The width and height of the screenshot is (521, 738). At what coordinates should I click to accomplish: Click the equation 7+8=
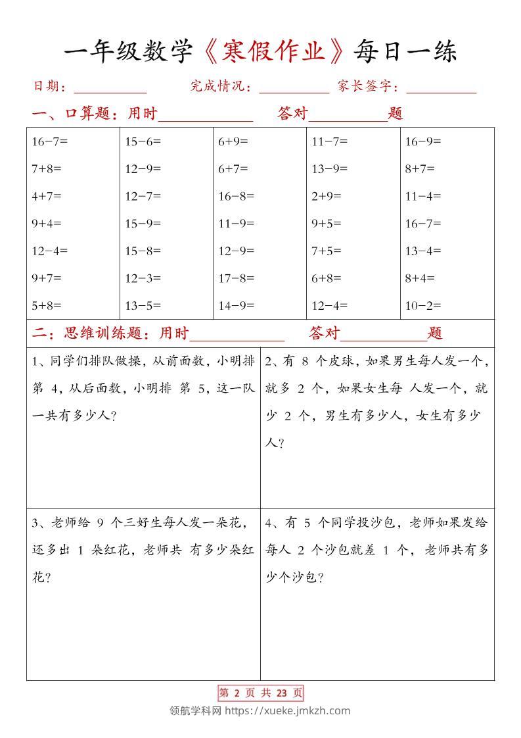pyautogui.click(x=46, y=168)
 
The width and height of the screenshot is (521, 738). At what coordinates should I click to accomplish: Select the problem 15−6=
pyautogui.click(x=143, y=141)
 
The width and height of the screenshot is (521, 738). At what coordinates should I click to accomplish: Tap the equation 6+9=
pyautogui.click(x=233, y=141)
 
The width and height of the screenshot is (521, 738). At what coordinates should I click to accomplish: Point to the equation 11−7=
pyautogui.click(x=329, y=141)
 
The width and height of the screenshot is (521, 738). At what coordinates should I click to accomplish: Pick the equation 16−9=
pyautogui.click(x=422, y=141)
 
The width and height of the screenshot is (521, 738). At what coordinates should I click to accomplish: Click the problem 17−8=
pyautogui.click(x=236, y=278)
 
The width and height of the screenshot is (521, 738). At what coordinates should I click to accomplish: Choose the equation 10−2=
pyautogui.click(x=422, y=305)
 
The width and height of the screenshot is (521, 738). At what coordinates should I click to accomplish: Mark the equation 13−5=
pyautogui.click(x=143, y=305)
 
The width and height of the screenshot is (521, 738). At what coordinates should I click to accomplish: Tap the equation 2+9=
pyautogui.click(x=327, y=196)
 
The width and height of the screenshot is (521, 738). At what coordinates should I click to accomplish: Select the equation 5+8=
pyautogui.click(x=46, y=305)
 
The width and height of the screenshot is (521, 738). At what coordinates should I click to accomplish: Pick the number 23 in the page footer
pyautogui.click(x=283, y=693)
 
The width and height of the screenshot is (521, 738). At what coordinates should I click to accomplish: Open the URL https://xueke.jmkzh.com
pyautogui.click(x=288, y=710)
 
